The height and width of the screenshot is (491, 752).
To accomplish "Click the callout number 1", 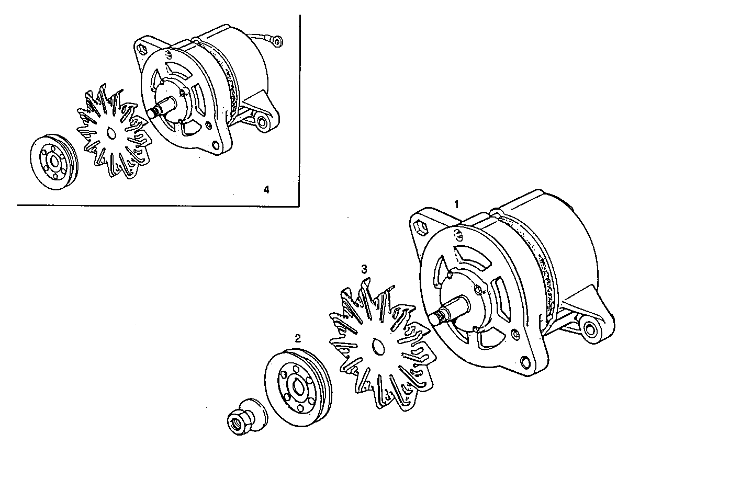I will point(456,204).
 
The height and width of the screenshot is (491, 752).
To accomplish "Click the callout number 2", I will point(297,338).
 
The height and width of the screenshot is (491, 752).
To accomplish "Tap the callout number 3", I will point(364,269).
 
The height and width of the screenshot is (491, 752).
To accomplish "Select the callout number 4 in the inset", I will point(266,189).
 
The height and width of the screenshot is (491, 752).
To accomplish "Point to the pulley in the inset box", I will point(53,164).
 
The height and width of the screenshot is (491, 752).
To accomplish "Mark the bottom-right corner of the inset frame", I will point(299,204).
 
